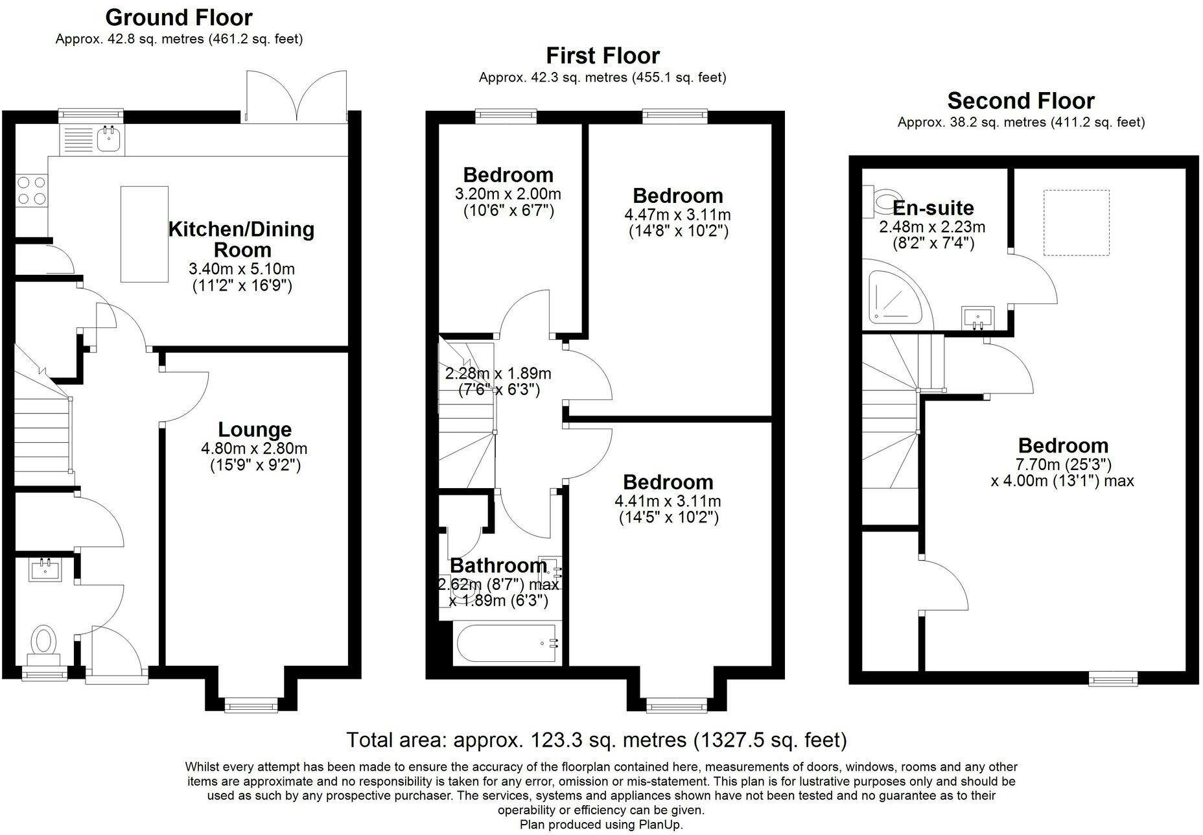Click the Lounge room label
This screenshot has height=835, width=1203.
click(x=255, y=429)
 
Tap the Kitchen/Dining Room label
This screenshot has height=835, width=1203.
click(x=242, y=239)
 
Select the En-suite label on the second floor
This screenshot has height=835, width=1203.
click(x=933, y=207)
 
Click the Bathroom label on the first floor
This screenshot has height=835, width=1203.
click(x=498, y=565)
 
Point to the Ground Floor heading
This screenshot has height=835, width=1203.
click(x=179, y=17)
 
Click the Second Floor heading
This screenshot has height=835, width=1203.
click(x=1021, y=100)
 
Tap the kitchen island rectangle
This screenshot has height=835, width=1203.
click(x=145, y=234)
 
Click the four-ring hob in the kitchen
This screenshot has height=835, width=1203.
click(x=32, y=191)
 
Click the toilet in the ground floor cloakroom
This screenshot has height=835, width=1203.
click(x=43, y=644)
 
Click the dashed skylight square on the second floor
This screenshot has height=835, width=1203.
click(x=1077, y=222)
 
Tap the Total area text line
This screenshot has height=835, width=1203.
click(x=596, y=740)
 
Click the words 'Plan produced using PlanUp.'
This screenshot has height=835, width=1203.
click(x=601, y=825)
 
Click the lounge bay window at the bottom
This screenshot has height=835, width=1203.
click(x=251, y=705)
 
